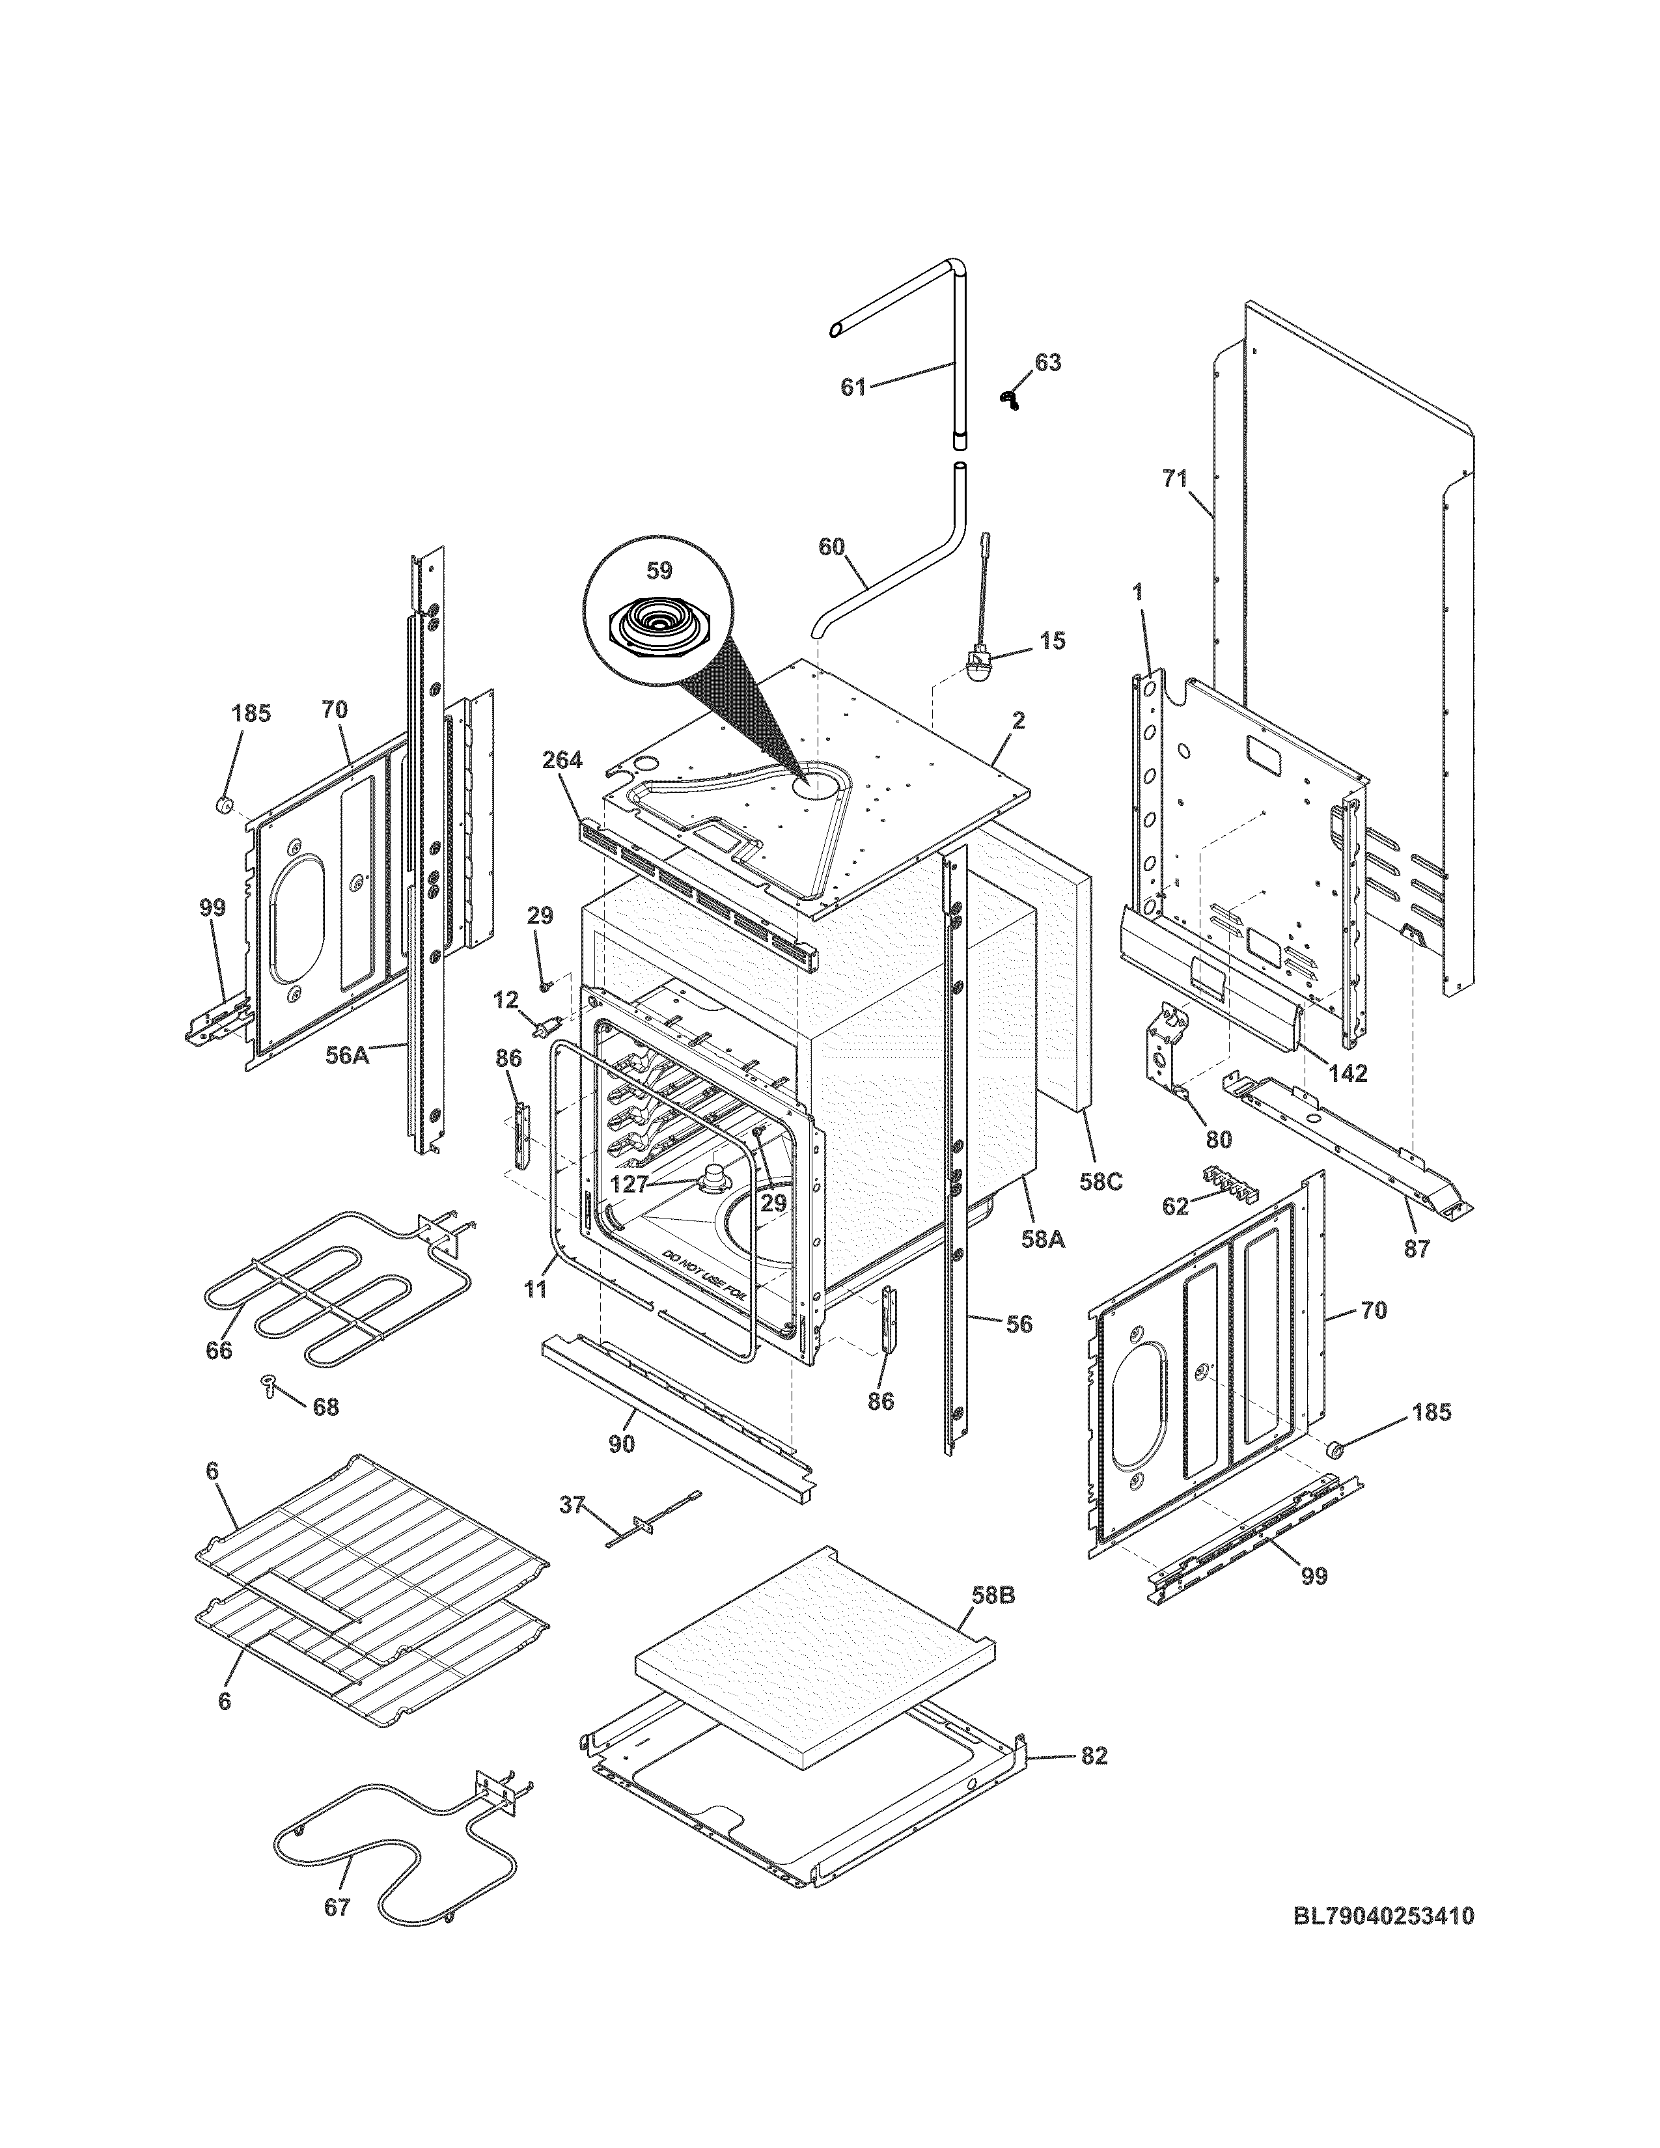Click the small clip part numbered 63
point(1008,397)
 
